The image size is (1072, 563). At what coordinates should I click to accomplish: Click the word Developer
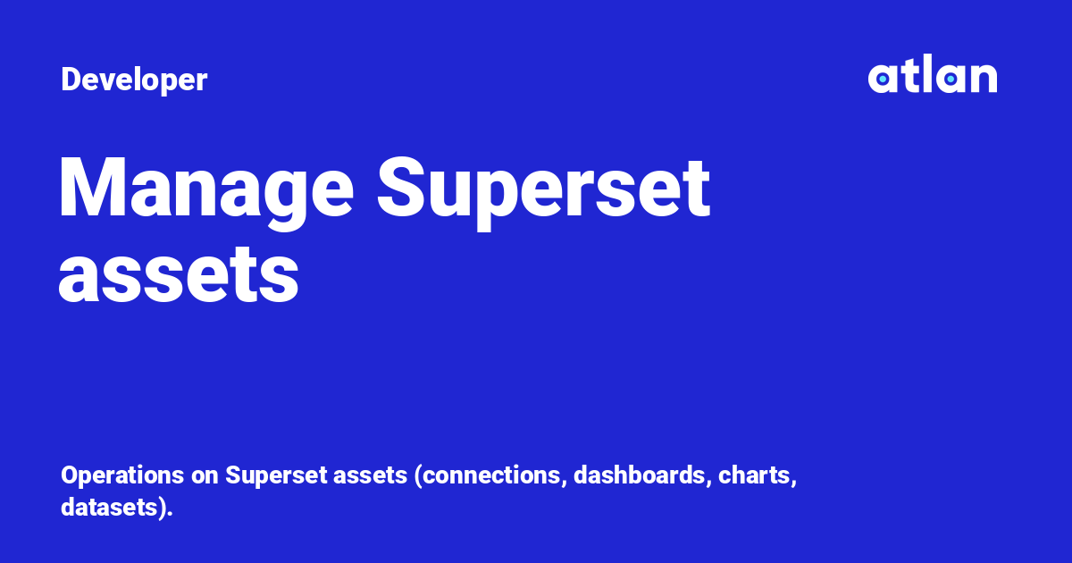click(x=134, y=80)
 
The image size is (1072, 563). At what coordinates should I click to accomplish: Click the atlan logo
click(x=932, y=77)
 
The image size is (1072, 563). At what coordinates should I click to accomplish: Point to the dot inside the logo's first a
click(x=883, y=80)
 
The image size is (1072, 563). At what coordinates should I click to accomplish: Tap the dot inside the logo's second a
click(x=951, y=80)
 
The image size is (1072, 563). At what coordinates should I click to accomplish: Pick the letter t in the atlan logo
click(x=909, y=77)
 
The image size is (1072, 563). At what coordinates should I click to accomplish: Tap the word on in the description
click(x=207, y=475)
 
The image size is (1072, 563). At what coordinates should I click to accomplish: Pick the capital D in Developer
click(x=70, y=80)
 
